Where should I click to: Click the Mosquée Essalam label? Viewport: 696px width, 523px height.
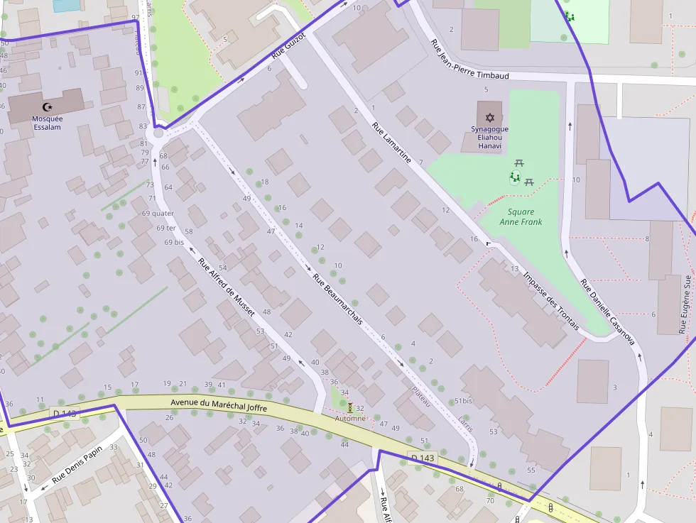coord(47,123)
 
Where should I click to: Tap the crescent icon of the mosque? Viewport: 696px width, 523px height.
coord(47,106)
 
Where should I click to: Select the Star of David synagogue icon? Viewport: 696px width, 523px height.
coord(489,117)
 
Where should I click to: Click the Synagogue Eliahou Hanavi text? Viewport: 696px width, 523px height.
coord(489,137)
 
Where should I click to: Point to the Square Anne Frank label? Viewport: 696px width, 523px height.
coord(521,216)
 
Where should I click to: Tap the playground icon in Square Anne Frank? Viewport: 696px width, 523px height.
coord(514,177)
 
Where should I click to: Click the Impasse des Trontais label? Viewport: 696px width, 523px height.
coord(550,301)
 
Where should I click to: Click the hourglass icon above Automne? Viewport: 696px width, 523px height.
coord(349,407)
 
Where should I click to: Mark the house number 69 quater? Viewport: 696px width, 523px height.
coord(158,213)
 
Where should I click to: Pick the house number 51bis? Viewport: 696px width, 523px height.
coord(463,401)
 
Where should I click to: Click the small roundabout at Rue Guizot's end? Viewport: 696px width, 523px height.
coord(158,133)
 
